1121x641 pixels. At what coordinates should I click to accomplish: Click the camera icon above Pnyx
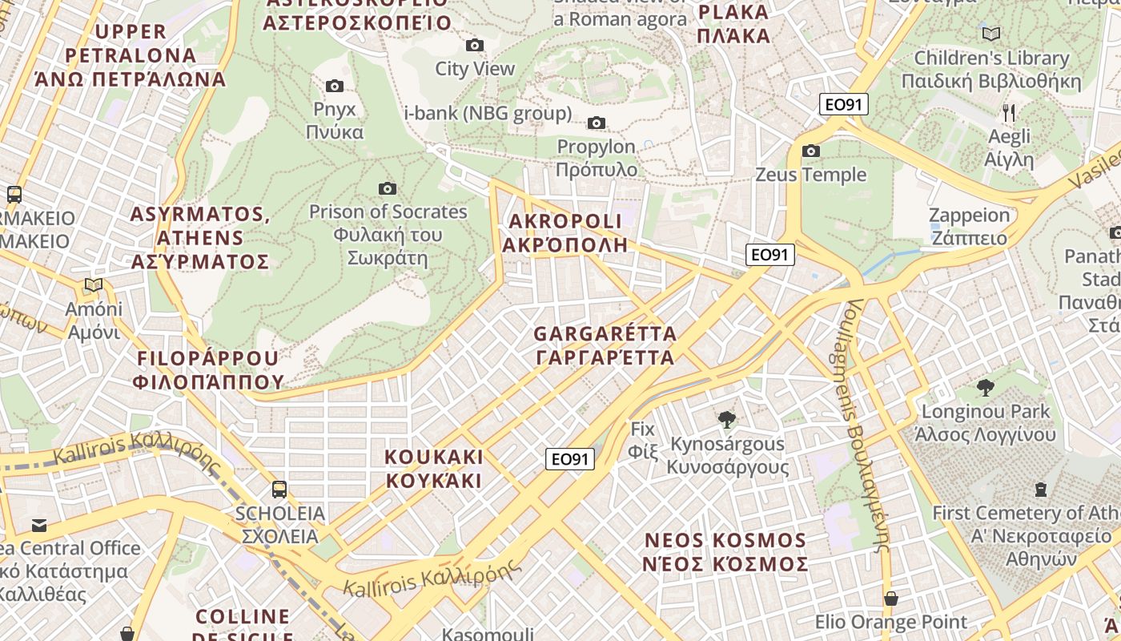click(335, 86)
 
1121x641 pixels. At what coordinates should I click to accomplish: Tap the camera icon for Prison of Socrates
click(388, 188)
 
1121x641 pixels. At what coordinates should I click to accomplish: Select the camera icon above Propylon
click(596, 123)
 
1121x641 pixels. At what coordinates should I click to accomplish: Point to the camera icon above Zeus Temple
click(811, 151)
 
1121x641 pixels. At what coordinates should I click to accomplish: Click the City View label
click(475, 69)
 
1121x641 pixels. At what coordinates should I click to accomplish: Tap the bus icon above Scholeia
click(279, 489)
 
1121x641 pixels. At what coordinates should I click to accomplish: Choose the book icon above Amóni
click(94, 284)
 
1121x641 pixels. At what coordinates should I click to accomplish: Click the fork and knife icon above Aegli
click(1009, 112)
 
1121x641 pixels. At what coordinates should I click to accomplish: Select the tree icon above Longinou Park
click(986, 388)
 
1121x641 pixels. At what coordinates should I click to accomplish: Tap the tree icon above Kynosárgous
click(727, 419)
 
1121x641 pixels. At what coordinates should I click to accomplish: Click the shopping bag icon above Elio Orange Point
click(890, 598)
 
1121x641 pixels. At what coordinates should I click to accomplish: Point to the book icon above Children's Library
click(991, 34)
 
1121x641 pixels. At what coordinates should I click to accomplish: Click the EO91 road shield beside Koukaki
click(571, 458)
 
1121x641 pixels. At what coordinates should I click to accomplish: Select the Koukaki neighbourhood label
click(434, 469)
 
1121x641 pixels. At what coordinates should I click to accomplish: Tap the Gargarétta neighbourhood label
click(605, 345)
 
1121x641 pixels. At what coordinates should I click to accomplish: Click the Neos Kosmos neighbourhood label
click(725, 552)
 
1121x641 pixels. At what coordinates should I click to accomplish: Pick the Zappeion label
click(969, 227)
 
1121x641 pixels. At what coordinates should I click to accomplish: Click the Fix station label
click(643, 440)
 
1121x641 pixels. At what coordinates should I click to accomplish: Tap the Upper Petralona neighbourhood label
click(131, 55)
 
